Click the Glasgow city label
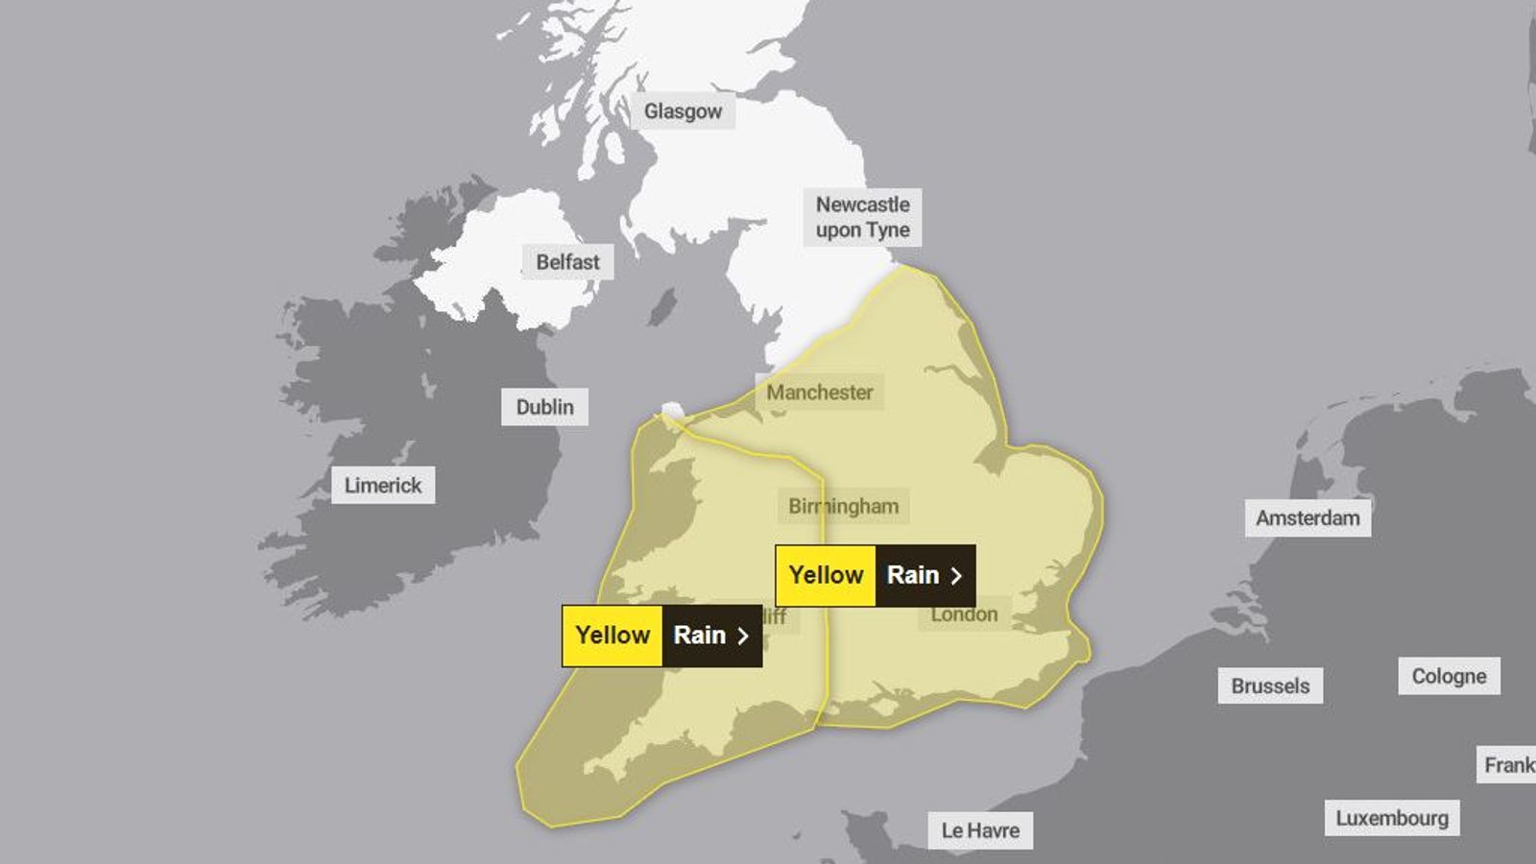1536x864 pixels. coord(683,111)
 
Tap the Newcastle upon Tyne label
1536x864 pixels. coord(862,217)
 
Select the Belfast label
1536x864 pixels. coord(567,261)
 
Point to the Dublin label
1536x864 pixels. coord(544,407)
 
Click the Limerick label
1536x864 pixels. coord(382,485)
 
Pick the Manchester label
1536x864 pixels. coord(819,392)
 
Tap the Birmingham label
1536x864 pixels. coord(843,506)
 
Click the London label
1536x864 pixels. coord(964,614)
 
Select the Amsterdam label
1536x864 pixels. coord(1308,517)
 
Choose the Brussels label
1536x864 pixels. coord(1270,685)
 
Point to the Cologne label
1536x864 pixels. coord(1449,676)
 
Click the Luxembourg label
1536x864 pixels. coord(1392,818)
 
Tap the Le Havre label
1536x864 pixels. coord(980,830)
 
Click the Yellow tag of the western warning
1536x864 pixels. coord(612,636)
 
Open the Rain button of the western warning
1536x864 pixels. coord(711,636)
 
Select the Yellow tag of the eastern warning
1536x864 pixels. coord(826,575)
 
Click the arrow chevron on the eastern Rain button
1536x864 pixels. coord(955,576)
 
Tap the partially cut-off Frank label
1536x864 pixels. coord(1508,764)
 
